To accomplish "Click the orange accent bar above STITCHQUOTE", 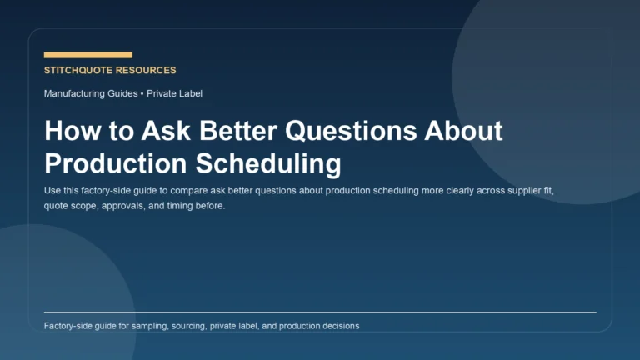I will click(x=87, y=55).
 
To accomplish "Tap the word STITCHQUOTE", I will click(x=79, y=71).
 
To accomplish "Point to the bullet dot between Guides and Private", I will click(x=142, y=93).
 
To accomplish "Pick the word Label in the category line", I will click(x=189, y=93).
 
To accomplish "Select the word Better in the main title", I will click(x=227, y=132).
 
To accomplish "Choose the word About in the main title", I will click(x=464, y=132).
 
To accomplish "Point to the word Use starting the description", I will click(x=52, y=191).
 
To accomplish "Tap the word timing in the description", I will click(x=185, y=206).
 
